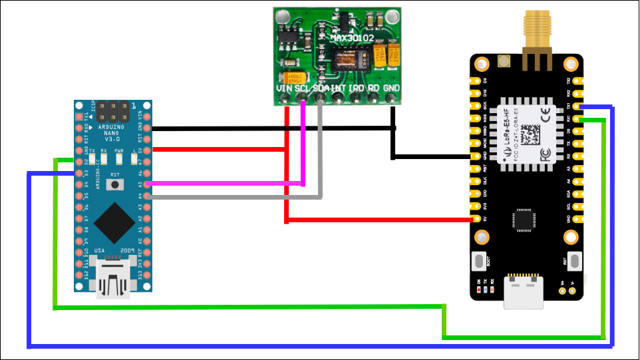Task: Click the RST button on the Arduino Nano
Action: click(116, 184)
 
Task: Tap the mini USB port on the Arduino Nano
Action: click(112, 279)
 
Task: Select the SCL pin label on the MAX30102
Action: click(303, 88)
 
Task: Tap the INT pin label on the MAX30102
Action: click(339, 88)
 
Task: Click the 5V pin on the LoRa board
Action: click(477, 219)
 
